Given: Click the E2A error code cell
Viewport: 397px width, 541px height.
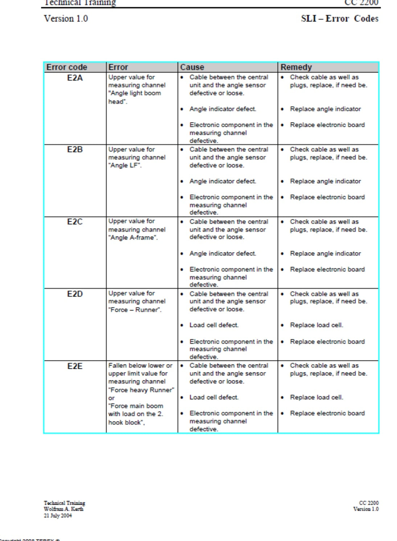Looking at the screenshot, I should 75,78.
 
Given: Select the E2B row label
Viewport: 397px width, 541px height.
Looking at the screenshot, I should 75,150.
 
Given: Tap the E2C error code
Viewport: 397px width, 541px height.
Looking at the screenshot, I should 75,222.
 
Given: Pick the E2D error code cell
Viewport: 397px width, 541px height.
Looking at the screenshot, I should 75,294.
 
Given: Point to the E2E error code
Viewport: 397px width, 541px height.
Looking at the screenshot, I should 75,366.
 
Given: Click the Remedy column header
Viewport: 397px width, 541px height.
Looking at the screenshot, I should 296,67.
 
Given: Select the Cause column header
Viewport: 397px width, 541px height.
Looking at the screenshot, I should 192,67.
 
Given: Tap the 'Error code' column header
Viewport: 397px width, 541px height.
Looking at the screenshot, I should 67,67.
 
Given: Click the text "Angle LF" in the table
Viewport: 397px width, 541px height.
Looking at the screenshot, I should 125,165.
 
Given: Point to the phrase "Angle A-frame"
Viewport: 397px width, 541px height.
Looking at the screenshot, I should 133,238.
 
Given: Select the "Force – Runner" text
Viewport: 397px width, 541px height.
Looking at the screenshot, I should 135,310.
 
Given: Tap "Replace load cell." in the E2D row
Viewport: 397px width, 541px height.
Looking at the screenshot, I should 316,325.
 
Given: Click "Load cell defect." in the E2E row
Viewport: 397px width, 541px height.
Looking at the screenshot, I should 214,397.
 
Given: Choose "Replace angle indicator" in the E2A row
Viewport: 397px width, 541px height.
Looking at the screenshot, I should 325,109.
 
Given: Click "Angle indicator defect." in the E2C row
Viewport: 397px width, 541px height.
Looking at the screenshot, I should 222,254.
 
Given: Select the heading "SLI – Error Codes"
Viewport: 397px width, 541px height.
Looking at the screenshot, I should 339,19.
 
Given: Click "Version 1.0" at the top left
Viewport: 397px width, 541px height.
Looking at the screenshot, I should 66,19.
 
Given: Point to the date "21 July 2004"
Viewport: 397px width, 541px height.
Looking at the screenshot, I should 58,516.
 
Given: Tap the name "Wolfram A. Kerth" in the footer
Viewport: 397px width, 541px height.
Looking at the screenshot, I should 64,509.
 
